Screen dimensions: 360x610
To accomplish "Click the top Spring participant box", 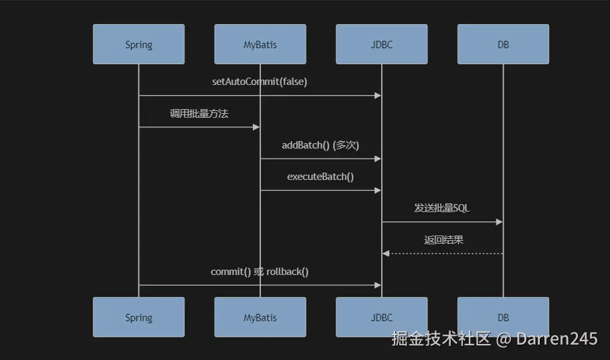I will pos(138,45).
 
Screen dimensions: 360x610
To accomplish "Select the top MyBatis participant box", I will pos(260,45).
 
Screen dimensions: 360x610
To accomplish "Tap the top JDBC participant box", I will pos(381,45).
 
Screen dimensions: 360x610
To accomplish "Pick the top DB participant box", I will pos(503,45).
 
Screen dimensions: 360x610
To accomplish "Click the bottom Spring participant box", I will pos(138,317).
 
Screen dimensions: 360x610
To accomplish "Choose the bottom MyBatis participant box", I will pos(260,317).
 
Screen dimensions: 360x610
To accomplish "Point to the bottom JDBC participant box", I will pos(381,317).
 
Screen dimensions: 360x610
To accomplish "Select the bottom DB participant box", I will pos(503,317).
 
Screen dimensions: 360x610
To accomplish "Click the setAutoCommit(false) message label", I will pos(260,82).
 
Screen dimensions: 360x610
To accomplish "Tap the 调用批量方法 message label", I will pos(199,114).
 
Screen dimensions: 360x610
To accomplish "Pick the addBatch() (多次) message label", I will pos(320,145).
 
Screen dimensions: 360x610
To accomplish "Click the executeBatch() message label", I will pos(320,177).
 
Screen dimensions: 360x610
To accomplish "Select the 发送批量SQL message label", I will pos(442,208).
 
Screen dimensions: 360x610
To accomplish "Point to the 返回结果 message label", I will pos(443,240).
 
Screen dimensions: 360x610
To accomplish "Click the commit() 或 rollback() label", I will pos(260,272).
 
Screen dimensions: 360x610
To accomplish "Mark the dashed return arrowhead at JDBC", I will pos(385,254).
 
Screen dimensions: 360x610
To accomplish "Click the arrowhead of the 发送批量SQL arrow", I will pos(499,221).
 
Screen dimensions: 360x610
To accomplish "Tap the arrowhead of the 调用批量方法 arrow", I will pos(256,126).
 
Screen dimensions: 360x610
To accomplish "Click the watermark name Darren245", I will pos(556,339).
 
